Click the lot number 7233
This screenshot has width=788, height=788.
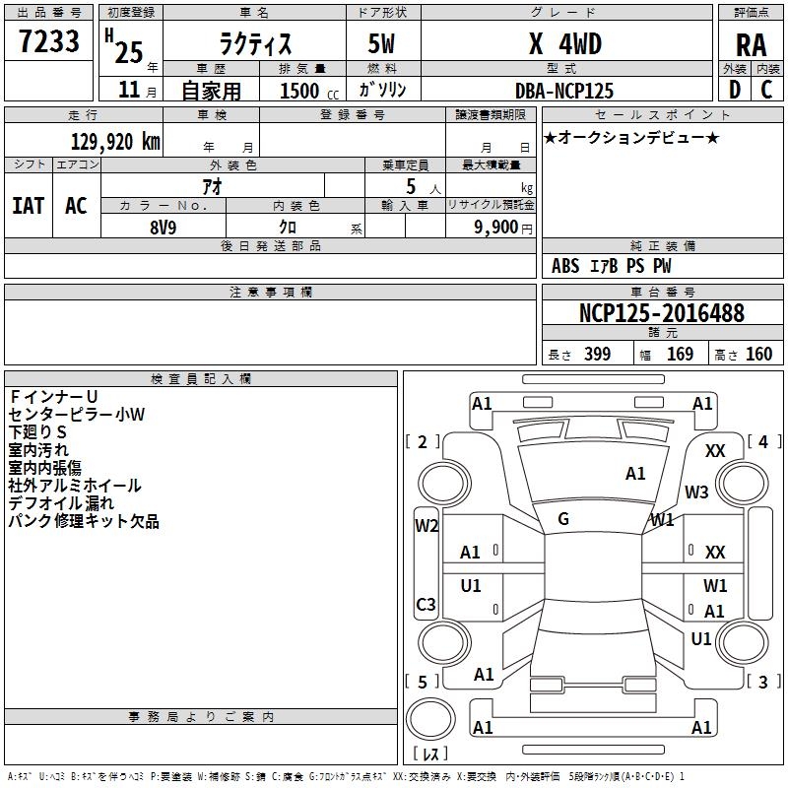[x=49, y=43]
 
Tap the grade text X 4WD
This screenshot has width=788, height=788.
[x=564, y=44]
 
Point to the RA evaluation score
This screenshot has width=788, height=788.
[x=751, y=45]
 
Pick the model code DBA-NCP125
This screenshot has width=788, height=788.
[x=564, y=90]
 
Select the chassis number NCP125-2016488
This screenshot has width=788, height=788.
[x=662, y=313]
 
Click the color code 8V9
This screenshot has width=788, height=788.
[x=164, y=227]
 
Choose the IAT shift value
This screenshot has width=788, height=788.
[x=29, y=206]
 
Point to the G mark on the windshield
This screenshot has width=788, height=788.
[x=563, y=519]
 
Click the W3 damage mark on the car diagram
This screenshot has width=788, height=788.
[x=697, y=492]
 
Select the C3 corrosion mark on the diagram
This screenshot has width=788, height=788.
[x=426, y=604]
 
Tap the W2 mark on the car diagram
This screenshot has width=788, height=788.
[x=426, y=525]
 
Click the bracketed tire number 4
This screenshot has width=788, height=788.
[x=762, y=442]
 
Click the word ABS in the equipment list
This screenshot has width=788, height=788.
[x=565, y=266]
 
